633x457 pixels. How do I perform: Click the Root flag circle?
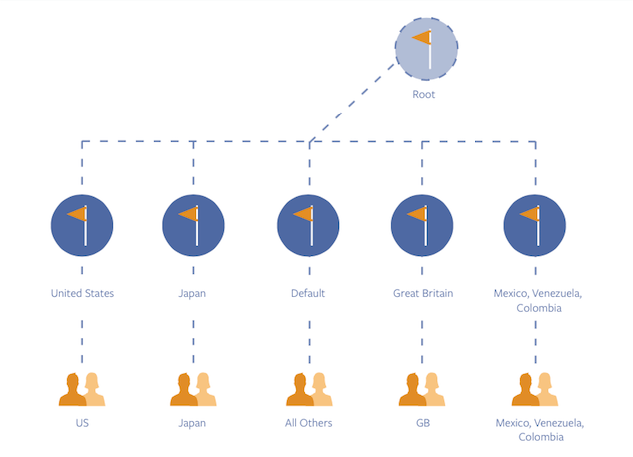[x=427, y=48]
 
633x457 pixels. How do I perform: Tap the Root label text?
[x=424, y=95]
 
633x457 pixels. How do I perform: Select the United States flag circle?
[x=82, y=225]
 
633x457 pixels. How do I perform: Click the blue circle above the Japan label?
[x=194, y=225]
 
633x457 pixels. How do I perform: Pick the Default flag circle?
[x=308, y=225]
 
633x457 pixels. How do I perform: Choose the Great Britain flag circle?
[x=423, y=225]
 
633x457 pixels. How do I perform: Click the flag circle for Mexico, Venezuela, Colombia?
[x=536, y=225]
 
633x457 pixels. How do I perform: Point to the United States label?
[x=82, y=293]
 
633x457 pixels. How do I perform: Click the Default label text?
[x=308, y=293]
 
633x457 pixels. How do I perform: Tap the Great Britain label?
[x=423, y=293]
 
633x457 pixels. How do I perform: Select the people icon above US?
[x=82, y=389]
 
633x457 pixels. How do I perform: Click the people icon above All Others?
[x=308, y=389]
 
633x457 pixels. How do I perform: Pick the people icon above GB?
[x=423, y=389]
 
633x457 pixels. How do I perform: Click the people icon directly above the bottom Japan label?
[x=194, y=389]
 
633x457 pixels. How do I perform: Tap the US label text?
[x=82, y=423]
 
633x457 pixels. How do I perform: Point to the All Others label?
[x=308, y=423]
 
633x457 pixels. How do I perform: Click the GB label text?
[x=423, y=423]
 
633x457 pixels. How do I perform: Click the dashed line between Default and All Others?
[x=309, y=339]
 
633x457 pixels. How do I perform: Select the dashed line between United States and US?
[x=82, y=339]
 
